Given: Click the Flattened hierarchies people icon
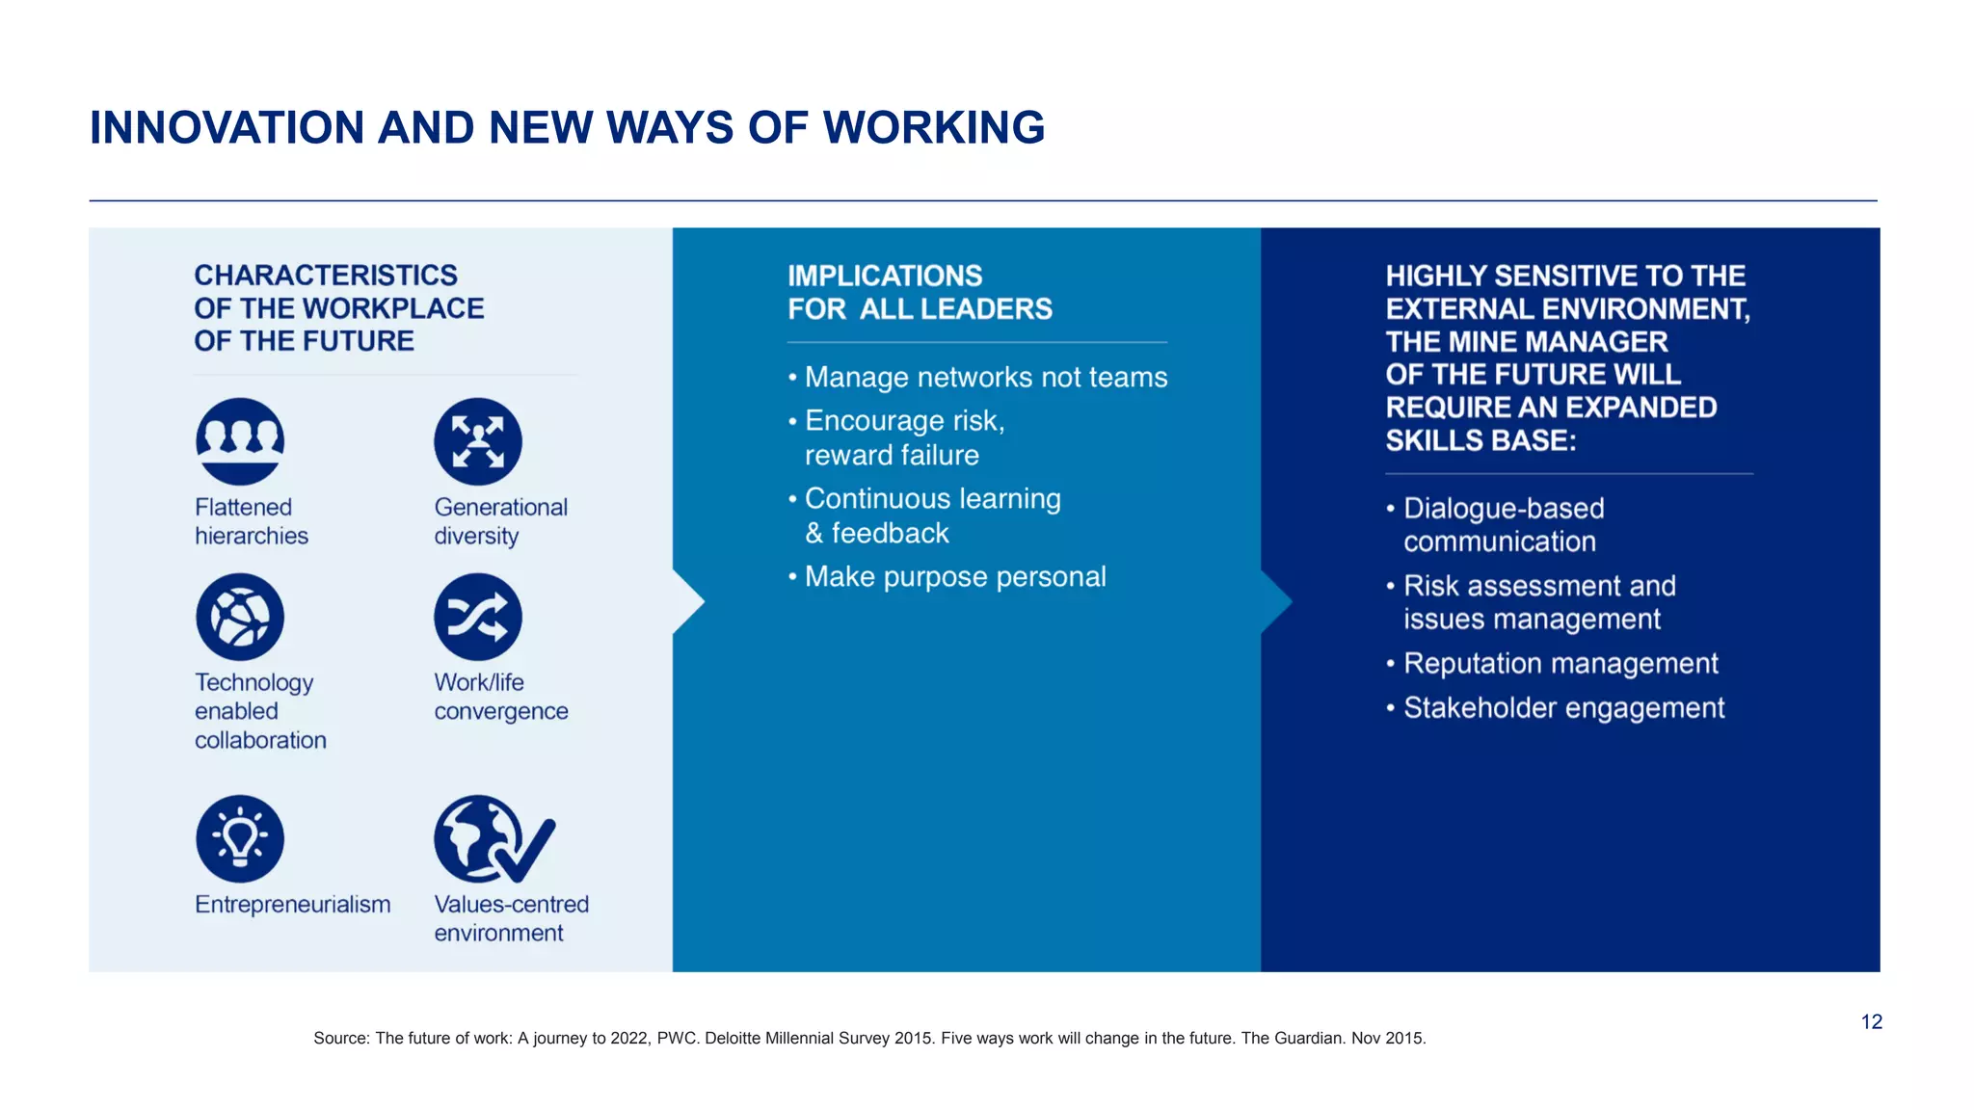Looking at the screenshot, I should tap(240, 441).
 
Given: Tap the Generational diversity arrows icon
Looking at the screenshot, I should tap(478, 441).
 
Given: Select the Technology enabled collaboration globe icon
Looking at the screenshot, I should tap(240, 617).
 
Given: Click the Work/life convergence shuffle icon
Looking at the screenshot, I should tap(478, 617).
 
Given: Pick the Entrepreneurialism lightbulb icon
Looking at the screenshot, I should tap(240, 838).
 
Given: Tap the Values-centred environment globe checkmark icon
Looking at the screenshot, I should tap(492, 839).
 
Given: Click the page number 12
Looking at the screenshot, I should tap(1871, 1022).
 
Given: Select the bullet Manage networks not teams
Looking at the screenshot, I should tap(985, 378).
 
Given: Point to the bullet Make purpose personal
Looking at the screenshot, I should tap(954, 577).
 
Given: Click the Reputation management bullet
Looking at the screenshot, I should tap(1560, 664).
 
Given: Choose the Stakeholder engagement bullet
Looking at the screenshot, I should tap(1563, 708).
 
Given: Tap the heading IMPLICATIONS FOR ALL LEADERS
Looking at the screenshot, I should tap(920, 293).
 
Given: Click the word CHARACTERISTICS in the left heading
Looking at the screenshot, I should tap(326, 276).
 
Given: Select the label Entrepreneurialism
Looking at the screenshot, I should tap(293, 905).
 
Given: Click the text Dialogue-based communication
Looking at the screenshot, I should tap(1502, 525).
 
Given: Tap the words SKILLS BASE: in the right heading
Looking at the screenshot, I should tap(1480, 441).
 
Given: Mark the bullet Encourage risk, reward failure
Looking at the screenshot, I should tap(904, 438).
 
